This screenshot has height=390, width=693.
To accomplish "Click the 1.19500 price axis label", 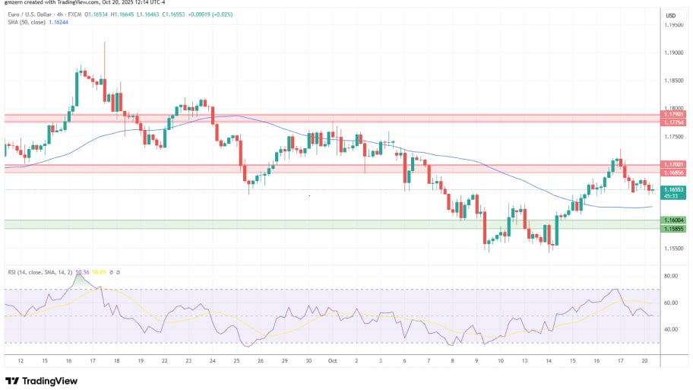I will click(x=672, y=25).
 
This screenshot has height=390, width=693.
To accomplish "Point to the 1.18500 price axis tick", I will click(x=672, y=81).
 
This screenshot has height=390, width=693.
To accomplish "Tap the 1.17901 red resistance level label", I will click(x=672, y=116).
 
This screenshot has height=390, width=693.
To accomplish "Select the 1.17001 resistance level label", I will click(x=672, y=164).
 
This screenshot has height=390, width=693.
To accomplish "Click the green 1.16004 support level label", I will click(x=672, y=220).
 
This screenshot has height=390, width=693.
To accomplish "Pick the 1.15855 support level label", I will click(x=672, y=229).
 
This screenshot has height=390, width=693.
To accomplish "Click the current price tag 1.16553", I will click(x=672, y=189).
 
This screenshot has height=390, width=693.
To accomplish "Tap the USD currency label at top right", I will click(x=671, y=15).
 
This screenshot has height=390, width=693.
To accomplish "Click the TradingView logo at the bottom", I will click(x=43, y=381).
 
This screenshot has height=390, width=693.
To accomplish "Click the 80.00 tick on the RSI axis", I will click(x=671, y=276).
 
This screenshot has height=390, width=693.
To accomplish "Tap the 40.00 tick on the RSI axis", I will click(x=671, y=329).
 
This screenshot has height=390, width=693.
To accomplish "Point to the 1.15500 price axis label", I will click(x=672, y=248).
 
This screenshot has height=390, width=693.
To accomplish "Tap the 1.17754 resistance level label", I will click(x=672, y=122).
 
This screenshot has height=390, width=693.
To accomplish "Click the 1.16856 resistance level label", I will click(x=672, y=172).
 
